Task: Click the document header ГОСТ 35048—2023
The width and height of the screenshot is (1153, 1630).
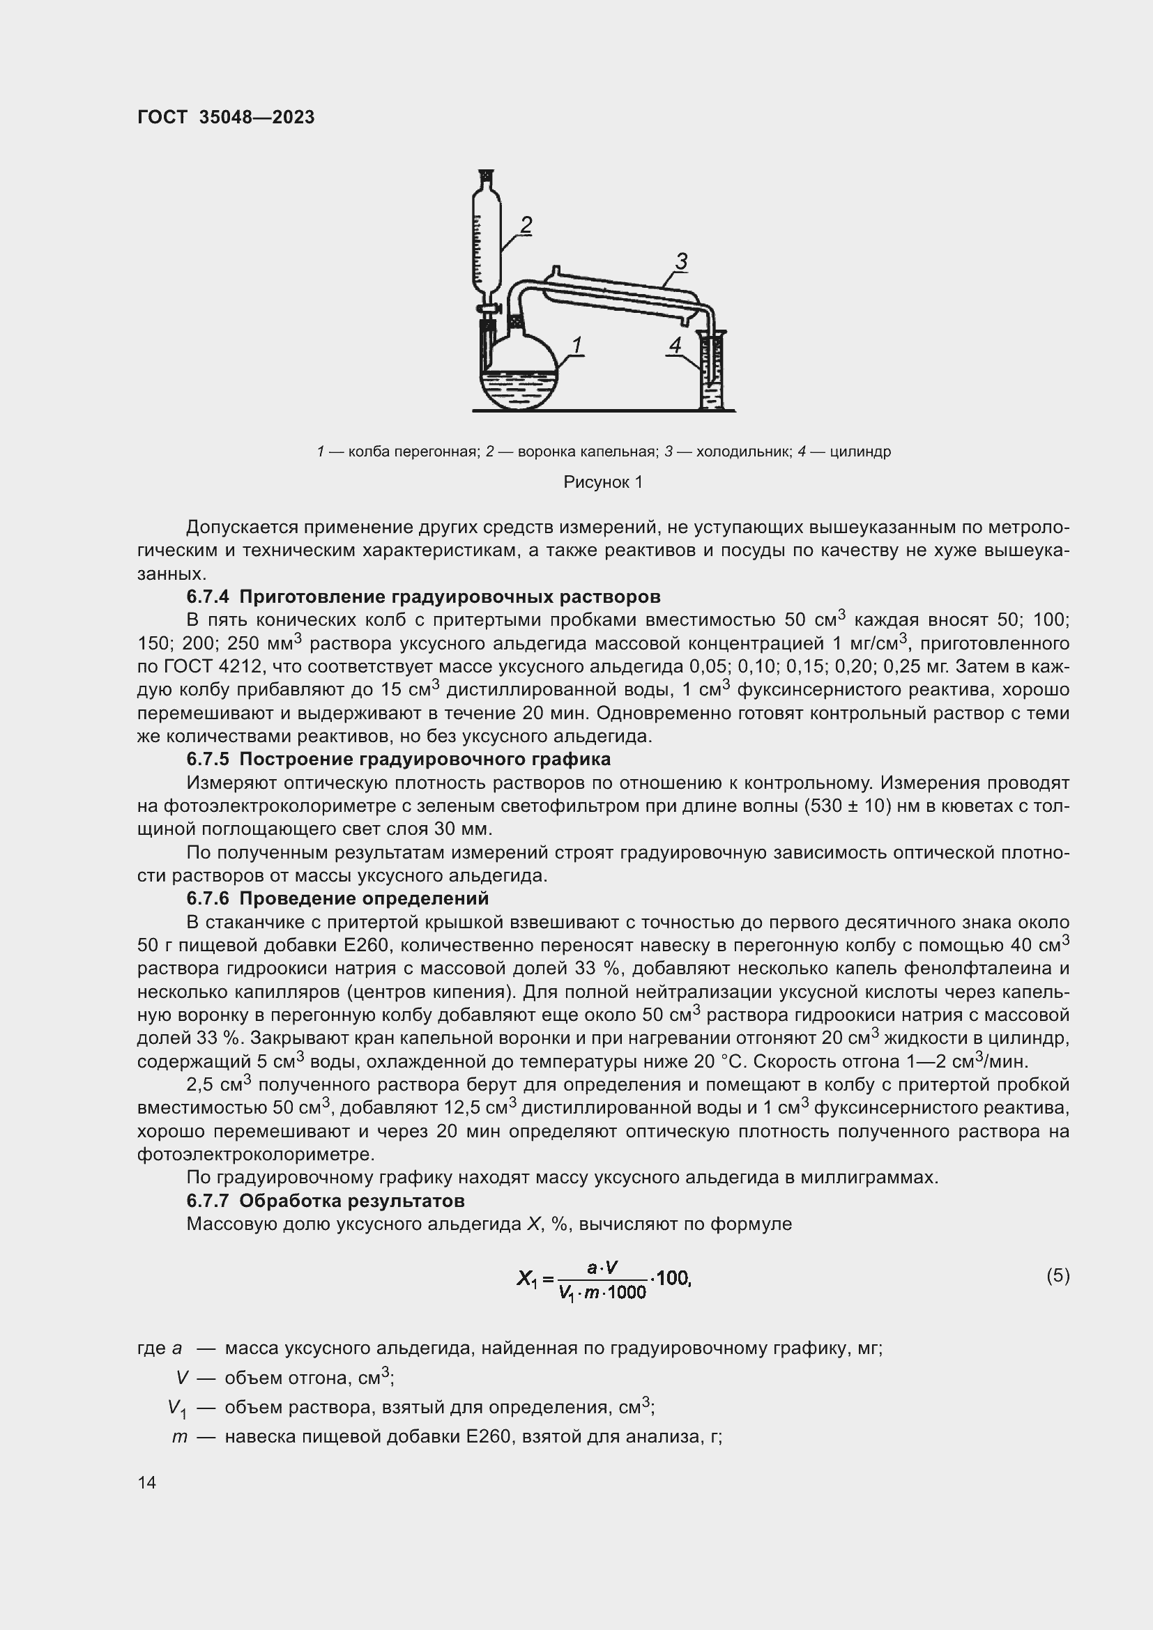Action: (x=226, y=118)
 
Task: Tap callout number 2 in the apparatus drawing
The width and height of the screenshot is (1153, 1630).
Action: (x=526, y=225)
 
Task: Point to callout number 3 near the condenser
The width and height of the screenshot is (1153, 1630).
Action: (x=681, y=261)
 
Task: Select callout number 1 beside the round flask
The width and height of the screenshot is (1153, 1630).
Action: (x=576, y=346)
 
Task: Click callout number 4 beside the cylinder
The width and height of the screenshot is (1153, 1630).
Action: (x=675, y=346)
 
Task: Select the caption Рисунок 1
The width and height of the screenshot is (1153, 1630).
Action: (x=603, y=483)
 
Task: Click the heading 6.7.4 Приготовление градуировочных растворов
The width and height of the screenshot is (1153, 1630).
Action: (x=423, y=597)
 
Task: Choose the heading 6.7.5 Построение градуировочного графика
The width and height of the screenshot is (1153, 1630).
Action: (x=398, y=760)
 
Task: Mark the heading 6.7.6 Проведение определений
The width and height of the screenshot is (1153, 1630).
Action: (x=337, y=899)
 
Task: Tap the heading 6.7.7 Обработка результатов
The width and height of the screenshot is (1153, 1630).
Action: (x=325, y=1201)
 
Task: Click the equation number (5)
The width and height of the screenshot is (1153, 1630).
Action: (x=1058, y=1276)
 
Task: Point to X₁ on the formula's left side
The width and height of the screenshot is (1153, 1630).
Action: (x=526, y=1279)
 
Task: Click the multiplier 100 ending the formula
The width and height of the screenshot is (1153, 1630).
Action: (x=672, y=1279)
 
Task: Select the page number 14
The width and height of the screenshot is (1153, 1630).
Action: (x=147, y=1483)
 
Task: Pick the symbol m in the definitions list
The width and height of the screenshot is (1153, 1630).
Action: (x=179, y=1437)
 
